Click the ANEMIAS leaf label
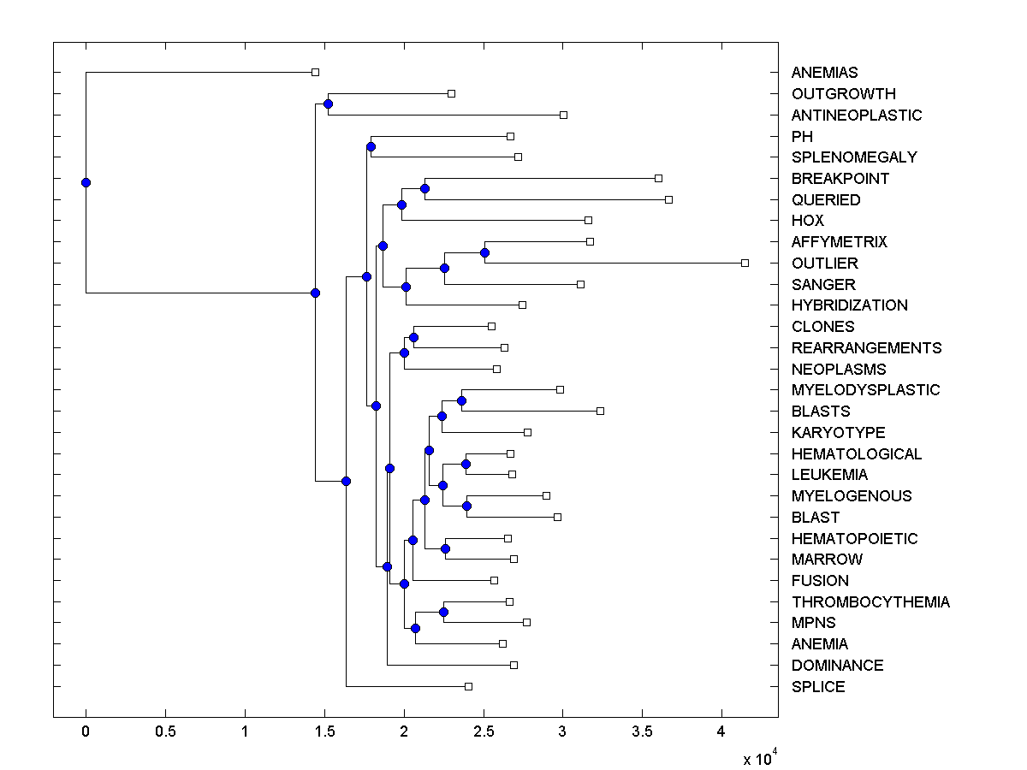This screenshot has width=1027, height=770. (x=824, y=73)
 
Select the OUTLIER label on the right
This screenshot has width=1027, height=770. (x=824, y=264)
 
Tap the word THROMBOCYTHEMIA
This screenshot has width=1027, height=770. (x=870, y=602)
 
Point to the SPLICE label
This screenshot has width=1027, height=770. (x=818, y=687)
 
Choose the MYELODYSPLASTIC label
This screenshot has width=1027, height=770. (x=865, y=390)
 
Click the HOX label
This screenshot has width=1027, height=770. (x=808, y=221)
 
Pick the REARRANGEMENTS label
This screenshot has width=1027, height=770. (x=866, y=348)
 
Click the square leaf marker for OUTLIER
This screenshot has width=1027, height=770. (x=745, y=263)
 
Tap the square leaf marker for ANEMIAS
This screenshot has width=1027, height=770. (x=315, y=73)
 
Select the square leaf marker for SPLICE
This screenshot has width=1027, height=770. (x=468, y=686)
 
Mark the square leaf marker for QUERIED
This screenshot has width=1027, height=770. (x=668, y=199)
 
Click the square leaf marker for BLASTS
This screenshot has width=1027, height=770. (x=600, y=412)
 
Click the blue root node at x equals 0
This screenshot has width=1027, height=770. (x=86, y=182)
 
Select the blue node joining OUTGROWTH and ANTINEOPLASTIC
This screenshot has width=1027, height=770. (x=328, y=104)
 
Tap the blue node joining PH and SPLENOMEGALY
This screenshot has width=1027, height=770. (x=371, y=146)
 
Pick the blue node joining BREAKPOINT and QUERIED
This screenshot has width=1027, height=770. (x=424, y=188)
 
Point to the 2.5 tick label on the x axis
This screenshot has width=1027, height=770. (x=484, y=732)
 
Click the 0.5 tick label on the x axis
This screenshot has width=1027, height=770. (x=165, y=732)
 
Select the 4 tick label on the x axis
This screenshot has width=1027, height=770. (x=721, y=732)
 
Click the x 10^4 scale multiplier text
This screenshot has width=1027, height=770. (x=758, y=758)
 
